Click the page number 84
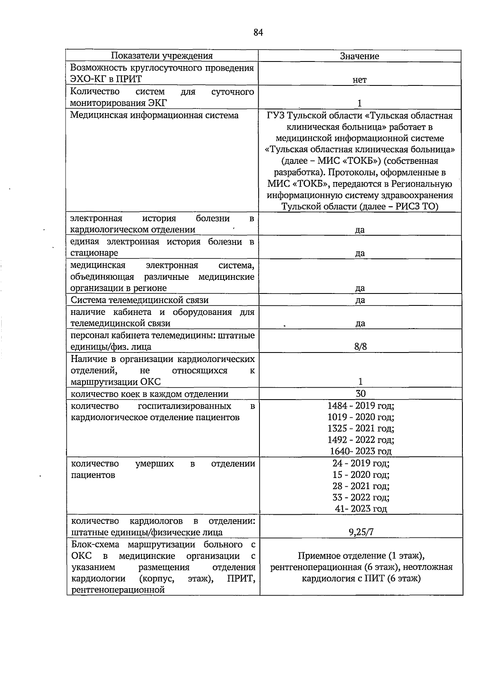[x=258, y=33]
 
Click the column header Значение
[x=360, y=56]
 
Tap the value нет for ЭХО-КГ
[x=360, y=80]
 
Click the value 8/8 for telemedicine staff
[x=360, y=347]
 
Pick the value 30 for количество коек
[x=361, y=394]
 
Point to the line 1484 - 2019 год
[x=361, y=405]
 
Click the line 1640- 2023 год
[x=361, y=451]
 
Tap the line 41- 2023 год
[x=361, y=509]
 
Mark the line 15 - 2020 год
[x=361, y=475]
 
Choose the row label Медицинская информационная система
[x=154, y=115]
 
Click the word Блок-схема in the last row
[x=97, y=544]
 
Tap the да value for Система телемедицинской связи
[x=360, y=300]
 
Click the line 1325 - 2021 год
[x=361, y=428]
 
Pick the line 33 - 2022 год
[x=361, y=497]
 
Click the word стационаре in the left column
[x=94, y=253]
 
